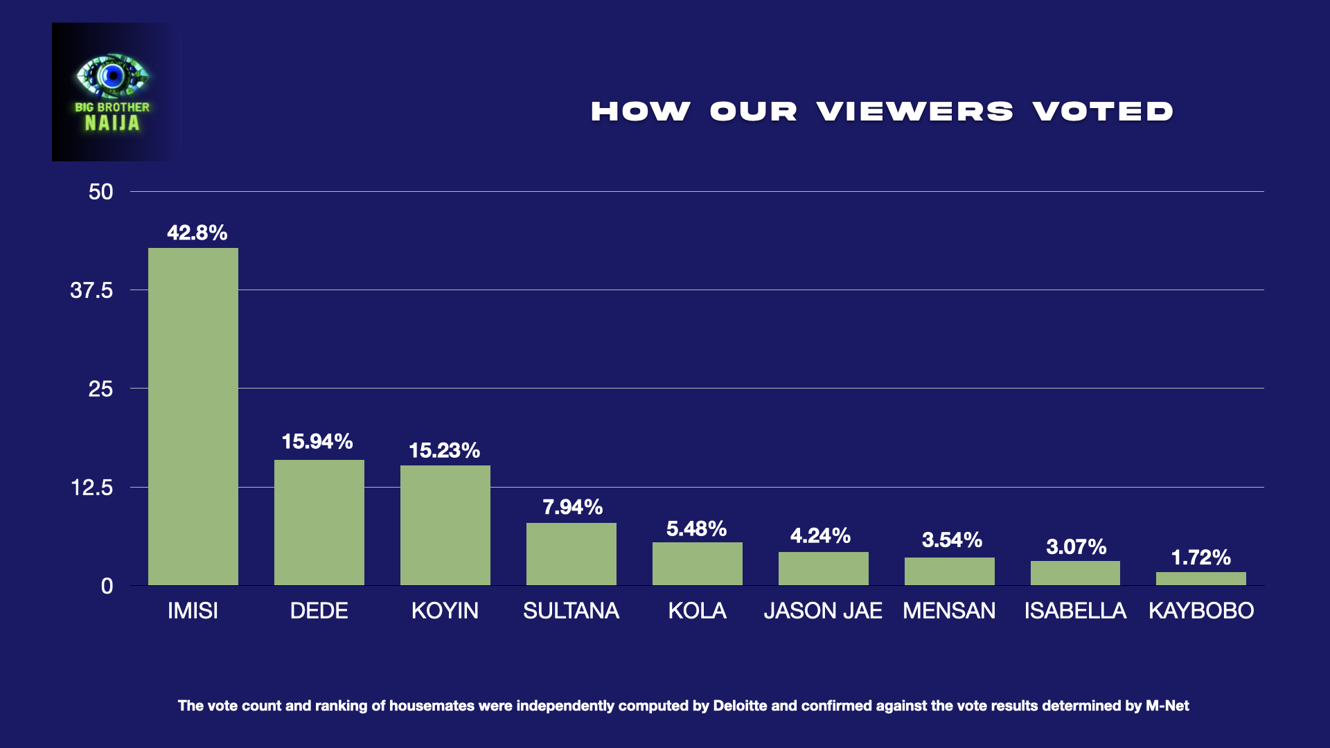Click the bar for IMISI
pos(193,416)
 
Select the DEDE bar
pos(319,522)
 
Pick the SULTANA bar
pos(571,553)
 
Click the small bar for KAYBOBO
pos(1201,578)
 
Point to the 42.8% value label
pos(197,233)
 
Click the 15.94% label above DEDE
pos(317,441)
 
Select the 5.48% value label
pos(696,528)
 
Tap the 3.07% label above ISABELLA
pos(1076,546)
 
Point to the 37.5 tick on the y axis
pos(91,290)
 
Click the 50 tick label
pos(100,192)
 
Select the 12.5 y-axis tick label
pos(91,488)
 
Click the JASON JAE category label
pos(823,610)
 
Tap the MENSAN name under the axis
pos(949,610)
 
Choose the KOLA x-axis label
pos(697,610)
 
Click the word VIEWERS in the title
pos(914,112)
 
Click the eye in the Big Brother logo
pos(112,75)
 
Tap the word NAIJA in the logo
pos(112,123)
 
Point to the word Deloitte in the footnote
pos(740,706)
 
